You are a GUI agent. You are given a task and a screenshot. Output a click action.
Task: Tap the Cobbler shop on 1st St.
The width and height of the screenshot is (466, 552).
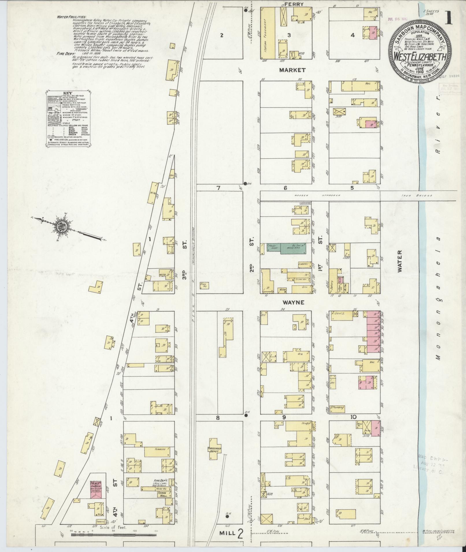tap(305, 264)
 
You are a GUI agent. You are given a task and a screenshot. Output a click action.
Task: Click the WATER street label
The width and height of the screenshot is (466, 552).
tap(400, 265)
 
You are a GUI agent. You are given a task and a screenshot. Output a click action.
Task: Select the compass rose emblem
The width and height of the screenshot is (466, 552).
tap(63, 226)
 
